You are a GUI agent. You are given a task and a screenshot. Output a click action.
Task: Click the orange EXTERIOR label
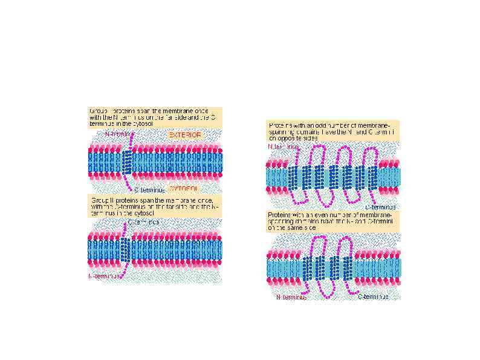click(x=185, y=134)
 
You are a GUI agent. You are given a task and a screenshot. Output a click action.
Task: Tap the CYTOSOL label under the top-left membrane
click(x=185, y=188)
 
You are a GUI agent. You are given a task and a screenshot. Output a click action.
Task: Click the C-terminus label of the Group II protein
click(x=144, y=221)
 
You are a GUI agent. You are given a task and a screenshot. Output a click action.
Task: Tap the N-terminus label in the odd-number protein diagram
click(x=283, y=146)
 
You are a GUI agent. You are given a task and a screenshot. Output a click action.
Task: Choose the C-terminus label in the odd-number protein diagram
click(x=378, y=207)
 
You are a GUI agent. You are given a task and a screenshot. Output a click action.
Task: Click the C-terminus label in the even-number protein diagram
click(x=377, y=297)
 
